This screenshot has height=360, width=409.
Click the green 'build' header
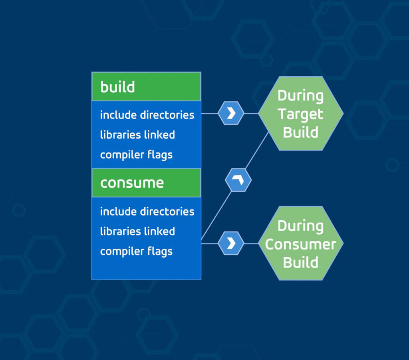tap(146, 87)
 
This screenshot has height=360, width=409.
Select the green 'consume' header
tap(146, 183)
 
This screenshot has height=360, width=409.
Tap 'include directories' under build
tap(147, 115)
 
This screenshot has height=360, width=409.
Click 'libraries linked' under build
tap(137, 135)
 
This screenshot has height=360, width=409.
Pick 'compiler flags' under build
tap(136, 155)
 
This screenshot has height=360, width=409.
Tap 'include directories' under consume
tap(147, 211)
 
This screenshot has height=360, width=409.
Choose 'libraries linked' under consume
tap(137, 231)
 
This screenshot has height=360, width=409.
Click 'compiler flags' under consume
tap(136, 251)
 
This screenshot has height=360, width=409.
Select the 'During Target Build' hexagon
tap(300, 114)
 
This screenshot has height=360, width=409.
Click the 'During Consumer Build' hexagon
tap(300, 243)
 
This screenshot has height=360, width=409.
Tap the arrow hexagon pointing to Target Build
tap(231, 113)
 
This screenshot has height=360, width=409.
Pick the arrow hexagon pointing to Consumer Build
tap(231, 243)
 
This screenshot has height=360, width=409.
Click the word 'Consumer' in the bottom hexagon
tap(300, 244)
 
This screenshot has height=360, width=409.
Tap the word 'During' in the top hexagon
tap(300, 96)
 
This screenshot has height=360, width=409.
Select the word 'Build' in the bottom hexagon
tap(300, 262)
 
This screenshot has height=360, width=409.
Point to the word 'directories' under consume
tap(167, 211)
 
